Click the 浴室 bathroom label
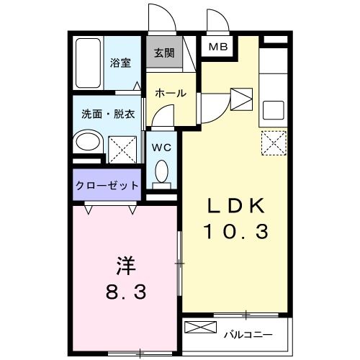(x=120, y=63)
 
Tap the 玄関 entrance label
(x=163, y=52)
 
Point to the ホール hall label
(x=171, y=93)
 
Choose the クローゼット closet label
(x=107, y=185)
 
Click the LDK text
(x=237, y=207)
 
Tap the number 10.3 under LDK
(x=237, y=232)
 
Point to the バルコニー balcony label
(x=247, y=333)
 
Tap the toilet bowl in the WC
(x=162, y=173)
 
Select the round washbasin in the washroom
(x=89, y=140)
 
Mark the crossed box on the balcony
(x=200, y=328)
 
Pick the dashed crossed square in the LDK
(x=273, y=141)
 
